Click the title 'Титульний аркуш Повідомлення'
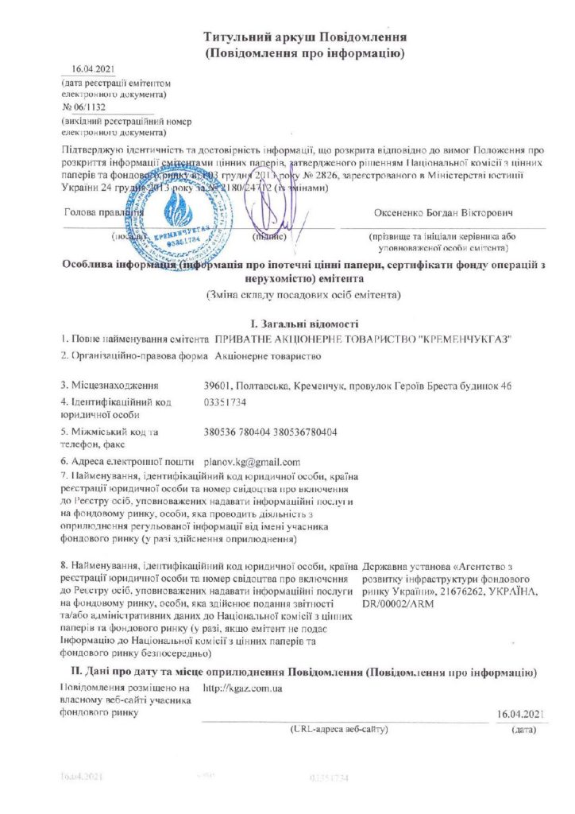point(306,37)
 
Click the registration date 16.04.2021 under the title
point(88,70)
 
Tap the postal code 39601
point(218,386)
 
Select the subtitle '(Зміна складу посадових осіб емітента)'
point(304,295)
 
